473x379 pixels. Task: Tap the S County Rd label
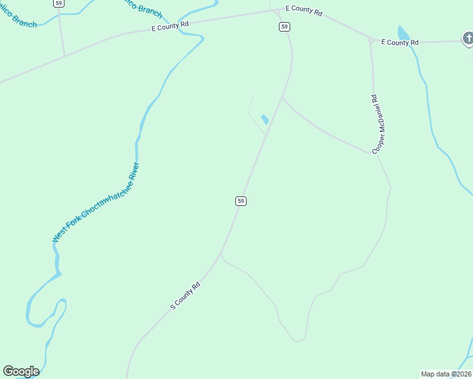185,295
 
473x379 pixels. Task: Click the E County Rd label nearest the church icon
400,42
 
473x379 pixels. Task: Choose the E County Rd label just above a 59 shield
304,11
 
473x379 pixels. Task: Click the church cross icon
468,40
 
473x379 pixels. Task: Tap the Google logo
21,371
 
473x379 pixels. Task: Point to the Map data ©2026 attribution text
446,374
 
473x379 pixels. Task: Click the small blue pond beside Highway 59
265,119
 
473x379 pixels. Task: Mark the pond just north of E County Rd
403,33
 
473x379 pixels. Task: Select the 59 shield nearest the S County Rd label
240,201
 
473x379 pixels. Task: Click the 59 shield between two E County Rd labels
285,26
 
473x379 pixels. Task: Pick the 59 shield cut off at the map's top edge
59,3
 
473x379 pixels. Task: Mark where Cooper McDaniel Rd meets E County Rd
369,40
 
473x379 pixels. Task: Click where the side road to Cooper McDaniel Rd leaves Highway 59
281,97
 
